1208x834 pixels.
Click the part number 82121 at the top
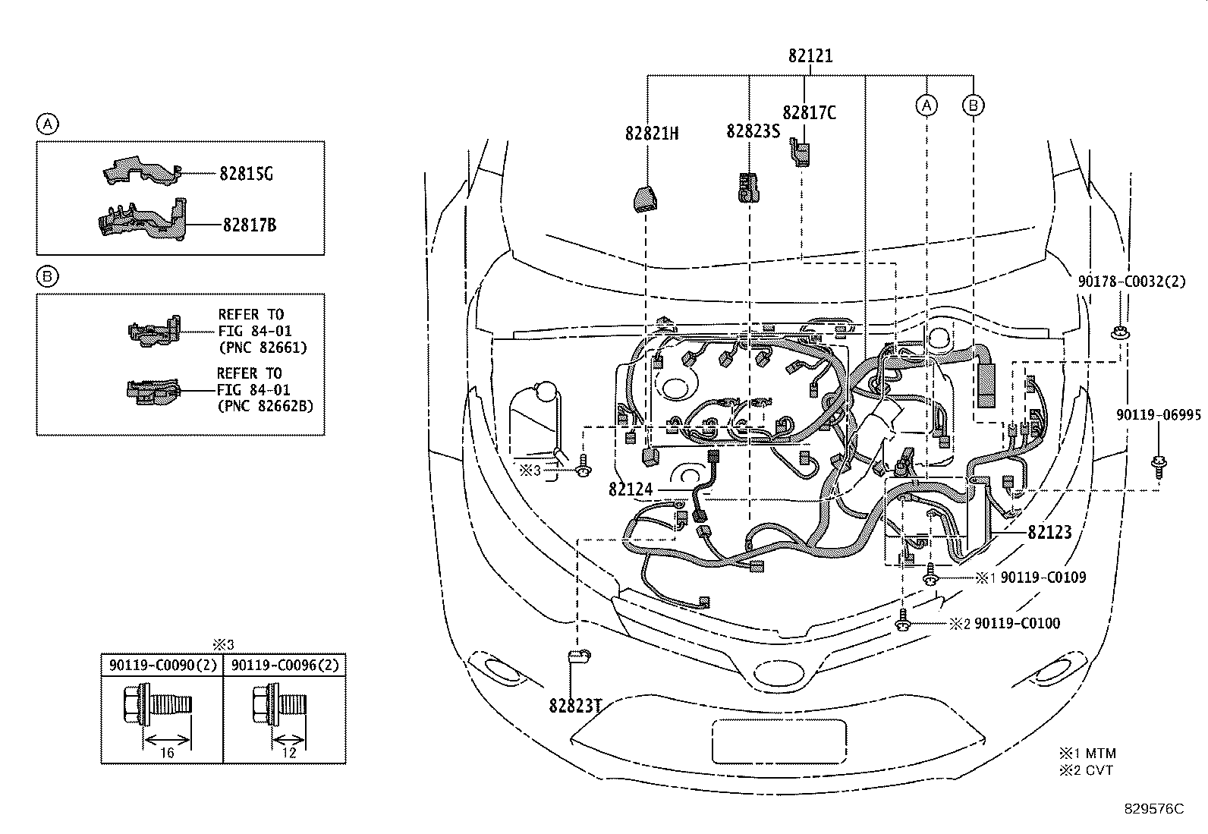[810, 55]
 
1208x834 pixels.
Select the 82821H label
[652, 134]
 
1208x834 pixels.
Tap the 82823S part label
[753, 131]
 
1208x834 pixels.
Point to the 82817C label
[809, 113]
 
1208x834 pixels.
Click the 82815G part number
[246, 174]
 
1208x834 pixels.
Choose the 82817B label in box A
[250, 225]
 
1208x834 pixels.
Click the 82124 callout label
[631, 489]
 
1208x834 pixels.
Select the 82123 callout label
[1049, 533]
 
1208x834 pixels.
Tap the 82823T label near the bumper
[575, 706]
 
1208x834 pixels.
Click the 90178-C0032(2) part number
[1131, 281]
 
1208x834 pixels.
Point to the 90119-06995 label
[1159, 415]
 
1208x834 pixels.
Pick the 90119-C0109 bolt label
[1043, 578]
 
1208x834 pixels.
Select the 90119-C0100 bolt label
[1017, 624]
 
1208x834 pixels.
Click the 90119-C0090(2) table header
[163, 665]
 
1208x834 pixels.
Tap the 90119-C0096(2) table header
[285, 665]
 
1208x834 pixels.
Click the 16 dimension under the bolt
[167, 753]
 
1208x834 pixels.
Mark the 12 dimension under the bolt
[289, 753]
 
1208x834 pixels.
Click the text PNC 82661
[263, 348]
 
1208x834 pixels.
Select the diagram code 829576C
[1154, 809]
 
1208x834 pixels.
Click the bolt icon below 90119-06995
[1159, 466]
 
